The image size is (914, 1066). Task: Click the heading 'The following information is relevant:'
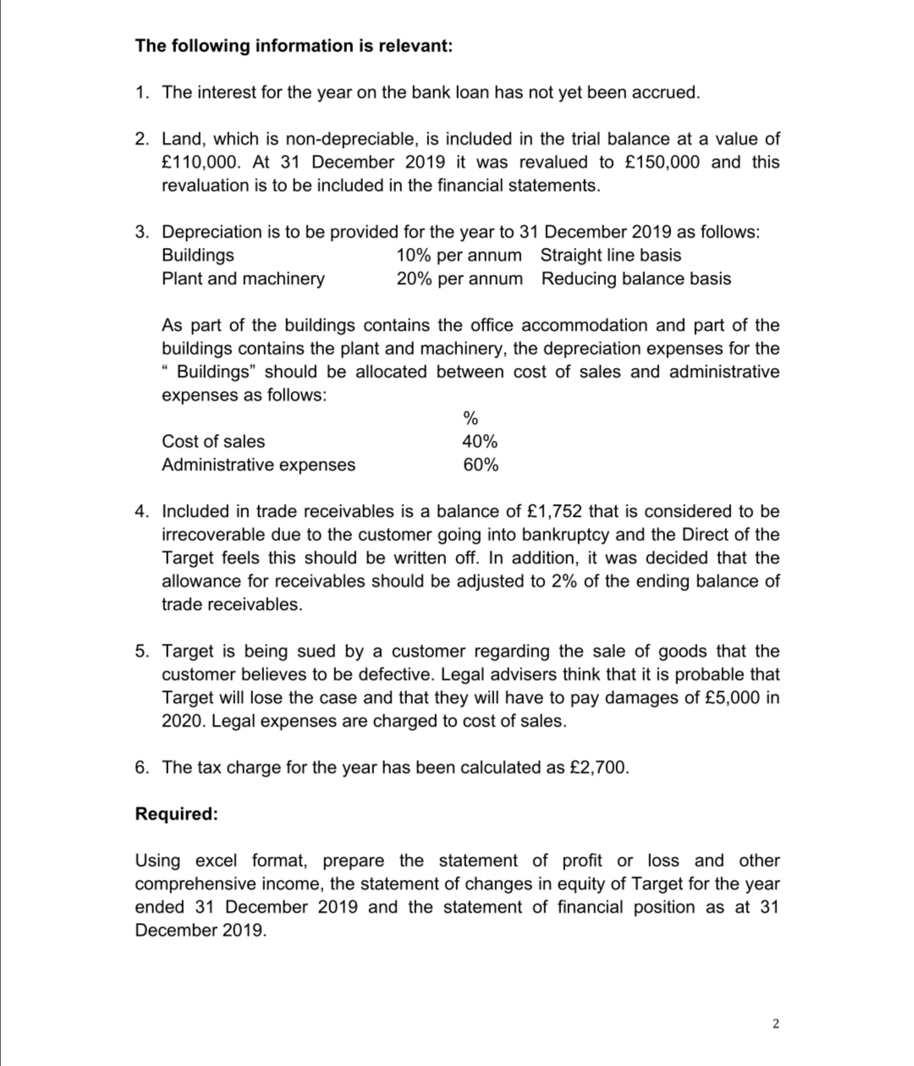coord(294,46)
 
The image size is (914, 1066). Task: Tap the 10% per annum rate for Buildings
coord(459,255)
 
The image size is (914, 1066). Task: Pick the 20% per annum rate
coord(459,278)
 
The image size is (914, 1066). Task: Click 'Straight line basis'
coord(610,255)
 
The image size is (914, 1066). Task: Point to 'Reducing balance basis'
coord(636,278)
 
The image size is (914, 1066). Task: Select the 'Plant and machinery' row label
coord(243,278)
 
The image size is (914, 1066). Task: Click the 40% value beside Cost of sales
coord(480,441)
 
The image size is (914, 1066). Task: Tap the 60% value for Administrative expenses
coord(480,464)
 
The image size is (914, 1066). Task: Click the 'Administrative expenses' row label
coord(258,464)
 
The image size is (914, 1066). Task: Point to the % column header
coord(471,418)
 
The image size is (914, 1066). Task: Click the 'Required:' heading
coord(176,814)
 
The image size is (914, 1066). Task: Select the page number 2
coord(775,1024)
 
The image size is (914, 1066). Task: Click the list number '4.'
coord(143,511)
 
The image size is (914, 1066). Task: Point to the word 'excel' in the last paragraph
coord(217,860)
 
